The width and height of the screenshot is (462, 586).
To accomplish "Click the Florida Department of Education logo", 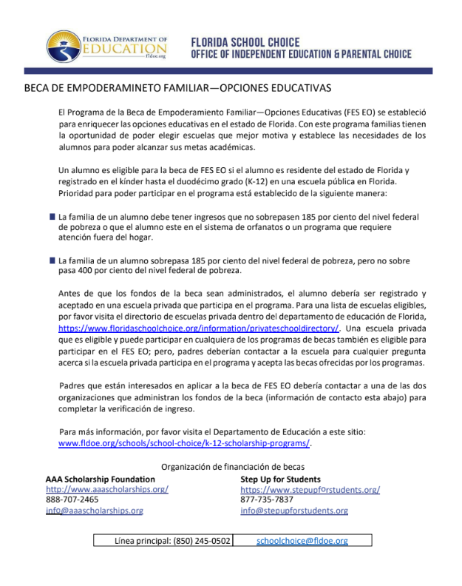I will [108, 46].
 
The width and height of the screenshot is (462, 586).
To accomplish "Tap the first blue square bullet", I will [52, 217].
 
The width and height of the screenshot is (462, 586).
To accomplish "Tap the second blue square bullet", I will [52, 260].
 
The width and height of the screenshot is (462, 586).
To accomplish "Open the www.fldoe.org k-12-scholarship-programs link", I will [185, 443].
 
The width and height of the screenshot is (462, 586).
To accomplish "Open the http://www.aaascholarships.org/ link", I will [107, 489].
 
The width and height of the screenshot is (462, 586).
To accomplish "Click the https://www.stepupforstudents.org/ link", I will [310, 489].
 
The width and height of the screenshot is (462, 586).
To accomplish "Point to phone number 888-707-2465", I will [72, 499].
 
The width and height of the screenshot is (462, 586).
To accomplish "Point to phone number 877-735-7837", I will [267, 499].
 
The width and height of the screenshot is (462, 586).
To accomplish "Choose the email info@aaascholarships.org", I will [95, 511].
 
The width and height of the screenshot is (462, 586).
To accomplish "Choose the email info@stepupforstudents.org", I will [294, 511].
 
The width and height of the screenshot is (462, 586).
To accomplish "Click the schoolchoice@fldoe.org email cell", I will [302, 541].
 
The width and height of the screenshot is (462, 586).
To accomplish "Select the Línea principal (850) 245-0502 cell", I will [163, 541].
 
